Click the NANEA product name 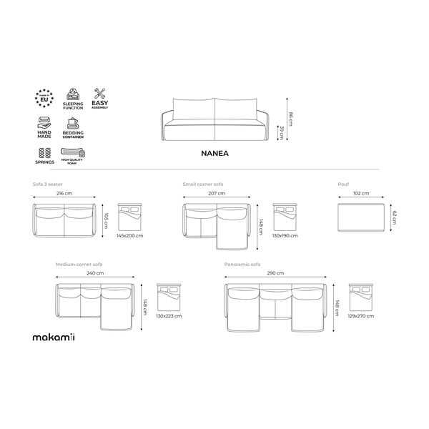click(x=214, y=152)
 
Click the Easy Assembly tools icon click(x=100, y=94)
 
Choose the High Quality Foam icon click(x=73, y=152)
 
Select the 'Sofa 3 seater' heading click(x=47, y=184)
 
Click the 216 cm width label click(x=65, y=194)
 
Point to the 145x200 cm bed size click(x=129, y=235)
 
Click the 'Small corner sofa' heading click(x=203, y=184)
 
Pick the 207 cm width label click(x=216, y=194)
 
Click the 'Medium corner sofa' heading click(x=79, y=264)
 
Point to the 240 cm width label click(x=95, y=273)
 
